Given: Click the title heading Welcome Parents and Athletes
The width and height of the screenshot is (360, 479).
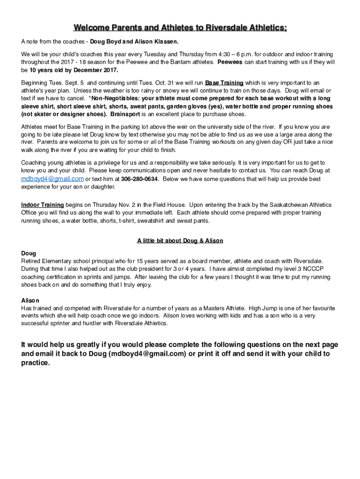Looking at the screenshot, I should tap(180, 28).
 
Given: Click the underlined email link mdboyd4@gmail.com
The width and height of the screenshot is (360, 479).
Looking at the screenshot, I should tap(52, 179).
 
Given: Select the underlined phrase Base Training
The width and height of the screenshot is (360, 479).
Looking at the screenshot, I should tap(224, 83).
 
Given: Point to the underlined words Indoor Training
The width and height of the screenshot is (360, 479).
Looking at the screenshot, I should tap(43, 205).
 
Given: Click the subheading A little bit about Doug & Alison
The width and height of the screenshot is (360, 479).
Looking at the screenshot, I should tap(180, 241).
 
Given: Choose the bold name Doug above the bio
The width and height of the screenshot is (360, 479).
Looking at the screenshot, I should tap(29, 254).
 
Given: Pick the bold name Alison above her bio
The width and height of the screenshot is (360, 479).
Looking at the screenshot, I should tap(30, 300).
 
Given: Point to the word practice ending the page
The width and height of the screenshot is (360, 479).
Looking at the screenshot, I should tap(35, 363).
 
